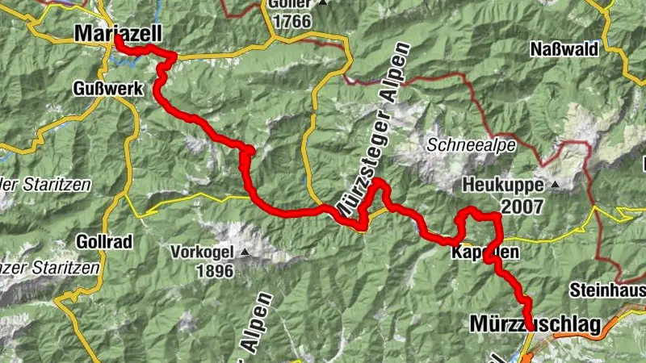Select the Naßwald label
click(x=564, y=48)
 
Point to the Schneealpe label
click(x=459, y=146)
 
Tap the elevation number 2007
click(x=522, y=207)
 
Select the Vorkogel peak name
click(x=202, y=251)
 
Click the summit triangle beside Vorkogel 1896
click(x=243, y=251)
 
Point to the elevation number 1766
click(x=292, y=21)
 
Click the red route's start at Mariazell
click(x=118, y=38)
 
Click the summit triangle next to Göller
click(x=323, y=3)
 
